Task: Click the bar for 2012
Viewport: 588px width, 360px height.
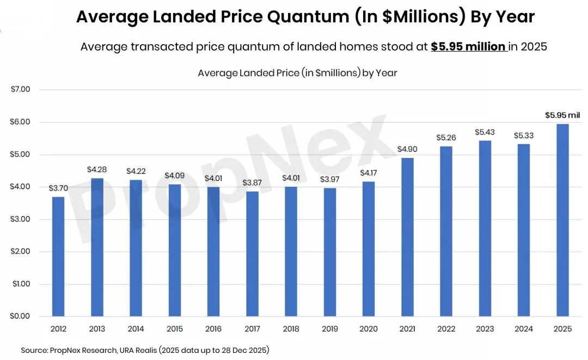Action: [x=58, y=256]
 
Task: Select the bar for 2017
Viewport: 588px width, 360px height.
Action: [x=253, y=253]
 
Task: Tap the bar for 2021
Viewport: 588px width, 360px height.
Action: [x=408, y=237]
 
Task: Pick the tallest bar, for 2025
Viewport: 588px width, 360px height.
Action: [x=563, y=220]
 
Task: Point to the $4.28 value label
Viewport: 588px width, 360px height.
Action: [x=97, y=169]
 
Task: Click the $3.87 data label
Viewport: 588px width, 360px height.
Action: [x=253, y=182]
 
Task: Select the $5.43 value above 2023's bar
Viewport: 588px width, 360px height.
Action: [x=485, y=132]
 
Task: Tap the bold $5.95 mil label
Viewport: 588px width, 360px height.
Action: [x=562, y=115]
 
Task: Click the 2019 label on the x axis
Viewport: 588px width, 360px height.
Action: [x=330, y=329]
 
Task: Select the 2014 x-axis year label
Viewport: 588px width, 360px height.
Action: [x=136, y=329]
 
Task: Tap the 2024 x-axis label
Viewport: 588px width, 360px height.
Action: [x=524, y=329]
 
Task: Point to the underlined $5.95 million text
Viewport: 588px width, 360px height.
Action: [x=468, y=47]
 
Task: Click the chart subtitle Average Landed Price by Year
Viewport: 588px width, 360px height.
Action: [x=297, y=72]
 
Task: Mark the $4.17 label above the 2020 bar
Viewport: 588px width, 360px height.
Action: [x=369, y=173]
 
